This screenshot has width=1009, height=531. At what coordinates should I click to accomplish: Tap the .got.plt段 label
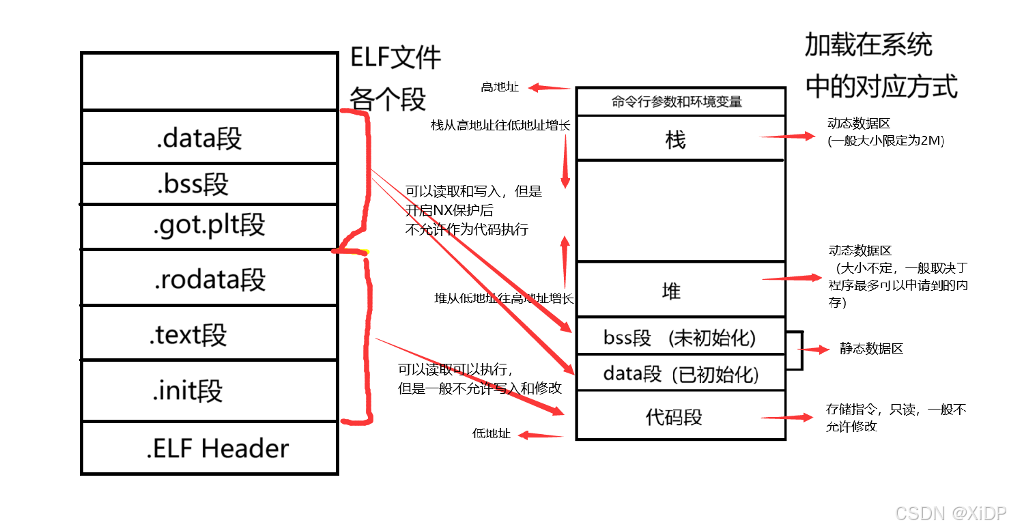click(x=209, y=225)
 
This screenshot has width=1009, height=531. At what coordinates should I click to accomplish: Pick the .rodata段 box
click(x=209, y=278)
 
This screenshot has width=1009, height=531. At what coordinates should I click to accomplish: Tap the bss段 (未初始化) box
click(x=679, y=337)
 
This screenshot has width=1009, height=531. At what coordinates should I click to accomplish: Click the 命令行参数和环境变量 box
click(x=677, y=102)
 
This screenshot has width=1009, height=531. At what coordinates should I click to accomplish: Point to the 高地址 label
click(x=499, y=87)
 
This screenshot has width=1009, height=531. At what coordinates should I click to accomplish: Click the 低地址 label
click(x=491, y=433)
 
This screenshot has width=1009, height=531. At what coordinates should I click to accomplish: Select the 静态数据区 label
click(x=871, y=349)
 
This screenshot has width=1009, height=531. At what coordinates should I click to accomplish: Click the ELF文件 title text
click(x=396, y=57)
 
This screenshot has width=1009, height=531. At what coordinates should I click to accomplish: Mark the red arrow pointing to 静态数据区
click(x=815, y=349)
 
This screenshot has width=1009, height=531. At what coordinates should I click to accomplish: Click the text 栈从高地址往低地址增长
click(x=500, y=126)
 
